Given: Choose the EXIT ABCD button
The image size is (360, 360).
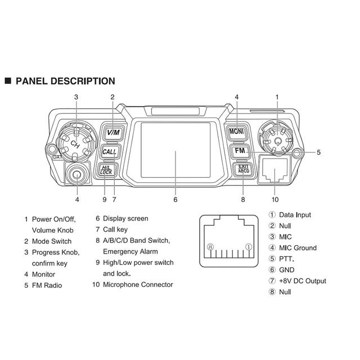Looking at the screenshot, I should [242, 170].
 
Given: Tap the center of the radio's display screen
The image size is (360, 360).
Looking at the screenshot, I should [175, 150].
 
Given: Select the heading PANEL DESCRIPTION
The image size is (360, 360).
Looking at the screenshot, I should [65, 82].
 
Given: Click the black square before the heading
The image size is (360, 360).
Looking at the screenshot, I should [8, 82].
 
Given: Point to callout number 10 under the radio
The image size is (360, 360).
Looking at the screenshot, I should [275, 199].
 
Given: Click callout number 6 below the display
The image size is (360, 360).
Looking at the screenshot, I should [175, 199].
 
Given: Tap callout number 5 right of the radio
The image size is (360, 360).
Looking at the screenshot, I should [318, 152].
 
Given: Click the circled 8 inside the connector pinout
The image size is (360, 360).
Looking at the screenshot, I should [210, 246].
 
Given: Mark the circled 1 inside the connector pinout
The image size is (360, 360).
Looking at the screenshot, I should [249, 246].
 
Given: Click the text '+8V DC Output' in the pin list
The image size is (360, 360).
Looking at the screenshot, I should [303, 281].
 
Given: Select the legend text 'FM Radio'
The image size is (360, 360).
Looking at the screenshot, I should [47, 285].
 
